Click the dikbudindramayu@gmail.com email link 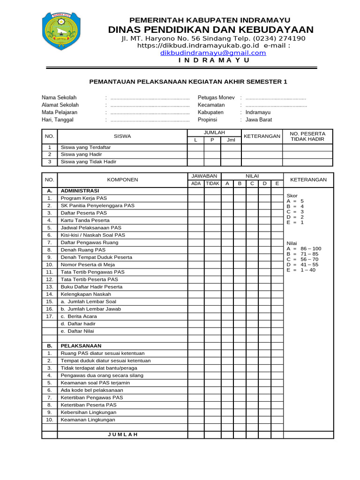tap(213, 53)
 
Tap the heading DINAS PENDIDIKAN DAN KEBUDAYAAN tap(210, 30)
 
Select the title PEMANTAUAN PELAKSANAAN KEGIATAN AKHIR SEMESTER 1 tap(188, 82)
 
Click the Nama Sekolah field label tap(59, 97)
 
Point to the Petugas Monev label tap(216, 97)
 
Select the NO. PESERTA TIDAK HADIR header tap(307, 136)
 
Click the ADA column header tap(195, 184)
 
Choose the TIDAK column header tap(212, 184)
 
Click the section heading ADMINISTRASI tap(80, 191)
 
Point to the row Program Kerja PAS tap(84, 198)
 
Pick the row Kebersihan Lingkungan tap(88, 412)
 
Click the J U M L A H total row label tap(122, 435)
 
